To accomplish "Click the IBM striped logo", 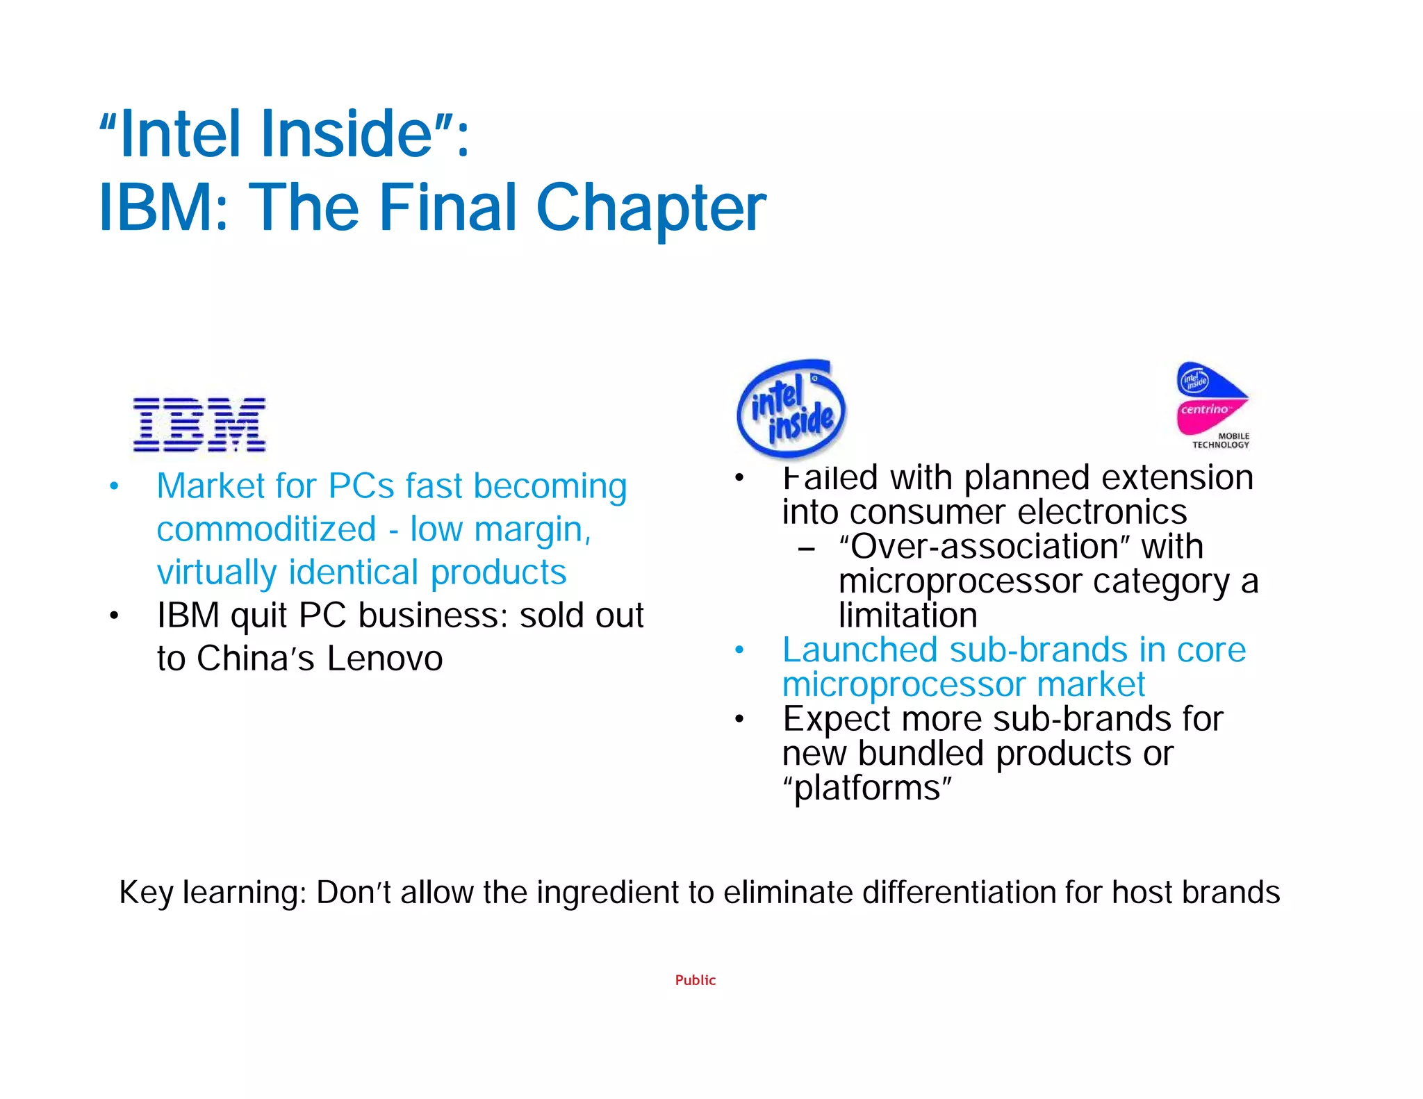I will pyautogui.click(x=199, y=424).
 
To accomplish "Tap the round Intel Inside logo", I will pyautogui.click(x=791, y=410).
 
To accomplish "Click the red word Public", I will pyautogui.click(x=695, y=980).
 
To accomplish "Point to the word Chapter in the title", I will pyautogui.click(x=651, y=208).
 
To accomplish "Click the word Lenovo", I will pyautogui.click(x=384, y=659).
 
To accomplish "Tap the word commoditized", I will pyautogui.click(x=266, y=529).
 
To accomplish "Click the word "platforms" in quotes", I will pyautogui.click(x=867, y=788).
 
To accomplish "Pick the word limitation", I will pyautogui.click(x=907, y=615).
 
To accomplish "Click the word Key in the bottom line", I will pyautogui.click(x=146, y=893).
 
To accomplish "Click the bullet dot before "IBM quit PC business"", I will pyautogui.click(x=114, y=616).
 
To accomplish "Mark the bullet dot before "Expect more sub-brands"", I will pyautogui.click(x=739, y=719).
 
